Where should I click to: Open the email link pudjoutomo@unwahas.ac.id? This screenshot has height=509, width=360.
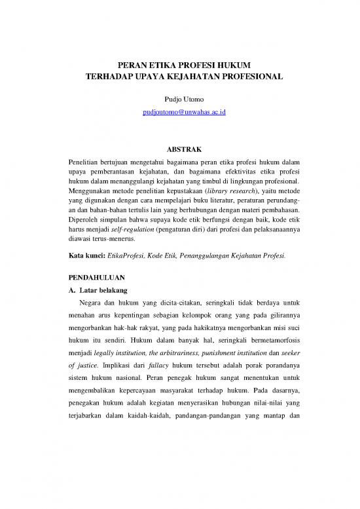[179, 113]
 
